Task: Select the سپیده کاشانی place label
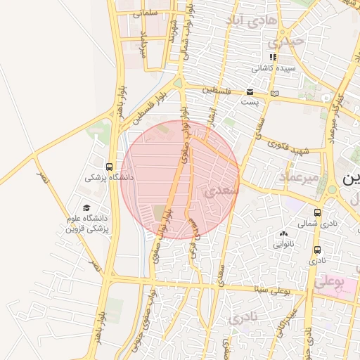click(271, 68)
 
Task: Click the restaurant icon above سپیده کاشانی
click(272, 58)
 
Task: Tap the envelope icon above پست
click(250, 92)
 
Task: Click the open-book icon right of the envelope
click(274, 92)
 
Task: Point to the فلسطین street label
click(217, 90)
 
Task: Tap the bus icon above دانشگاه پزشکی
click(109, 167)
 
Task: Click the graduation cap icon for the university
click(86, 208)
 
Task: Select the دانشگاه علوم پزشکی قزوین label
click(89, 223)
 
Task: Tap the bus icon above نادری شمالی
click(318, 212)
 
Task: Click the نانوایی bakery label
click(284, 245)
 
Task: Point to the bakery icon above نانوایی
click(284, 234)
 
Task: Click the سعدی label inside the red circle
click(221, 191)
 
